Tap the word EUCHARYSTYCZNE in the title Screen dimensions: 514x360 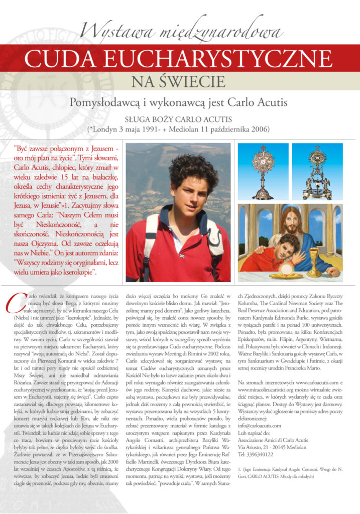[x=218, y=60]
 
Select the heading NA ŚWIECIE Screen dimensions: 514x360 [x=180, y=82]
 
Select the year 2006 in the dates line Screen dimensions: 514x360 [x=260, y=129]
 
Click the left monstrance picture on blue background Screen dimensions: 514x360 [x=263, y=171]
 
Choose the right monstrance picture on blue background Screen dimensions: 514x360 [x=317, y=171]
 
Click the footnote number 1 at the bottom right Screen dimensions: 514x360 [x=239, y=468]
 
